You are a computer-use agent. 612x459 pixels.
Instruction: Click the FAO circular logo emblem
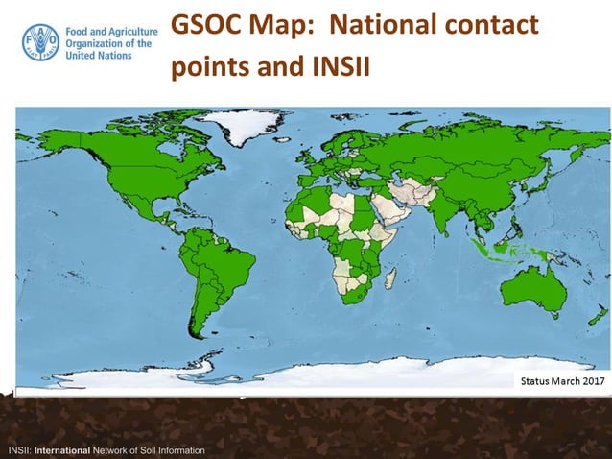coord(39,43)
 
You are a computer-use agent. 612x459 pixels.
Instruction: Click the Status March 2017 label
coord(563,381)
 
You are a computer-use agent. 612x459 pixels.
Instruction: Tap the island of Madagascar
coord(390,279)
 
